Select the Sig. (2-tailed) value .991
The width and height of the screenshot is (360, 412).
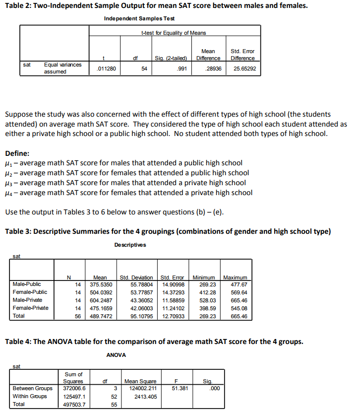pos(181,69)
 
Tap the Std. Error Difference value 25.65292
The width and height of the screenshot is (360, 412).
pos(245,69)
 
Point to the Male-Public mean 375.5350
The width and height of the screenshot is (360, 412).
pos(101,284)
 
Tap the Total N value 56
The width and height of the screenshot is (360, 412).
pos(78,316)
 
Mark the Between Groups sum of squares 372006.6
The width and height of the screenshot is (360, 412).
pos(75,389)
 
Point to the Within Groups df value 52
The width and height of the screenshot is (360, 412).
pos(114,397)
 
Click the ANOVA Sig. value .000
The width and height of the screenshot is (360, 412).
pos(214,389)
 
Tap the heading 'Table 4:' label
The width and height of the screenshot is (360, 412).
pos(18,341)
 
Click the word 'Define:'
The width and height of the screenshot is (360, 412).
pos(17,153)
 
